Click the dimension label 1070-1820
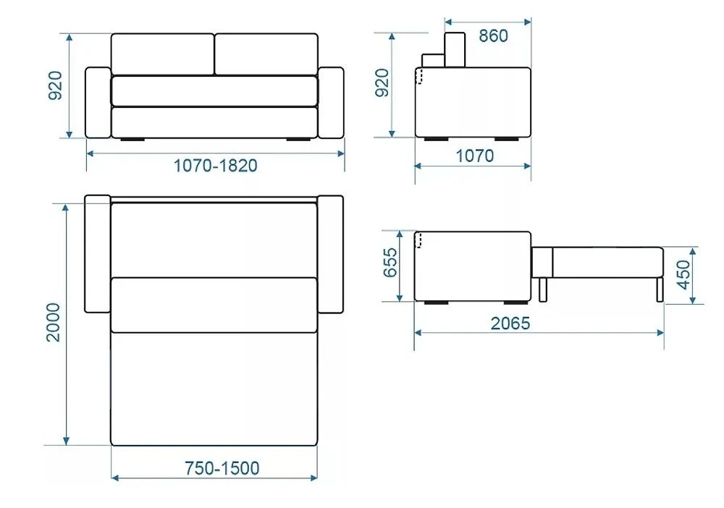215,165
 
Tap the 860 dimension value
493,35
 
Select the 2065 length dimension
510,323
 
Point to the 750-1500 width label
222,468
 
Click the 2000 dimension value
54,322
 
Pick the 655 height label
390,263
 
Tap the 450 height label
683,275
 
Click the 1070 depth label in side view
475,156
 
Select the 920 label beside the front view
55,85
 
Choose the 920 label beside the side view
382,82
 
